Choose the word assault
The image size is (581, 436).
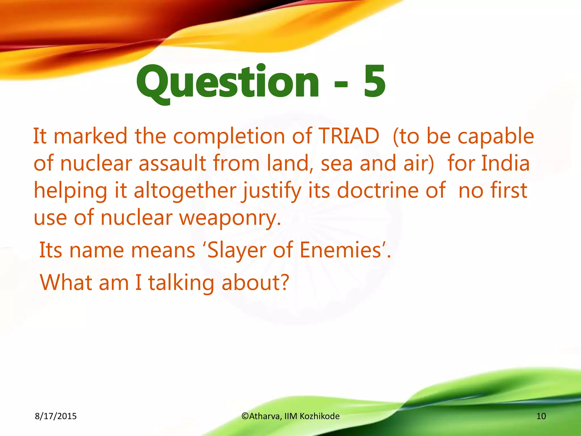tap(172, 163)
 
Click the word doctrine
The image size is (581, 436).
tap(377, 190)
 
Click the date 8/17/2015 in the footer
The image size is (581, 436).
tap(56, 416)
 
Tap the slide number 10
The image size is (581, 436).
tap(541, 416)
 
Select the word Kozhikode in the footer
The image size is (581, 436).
tap(319, 416)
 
